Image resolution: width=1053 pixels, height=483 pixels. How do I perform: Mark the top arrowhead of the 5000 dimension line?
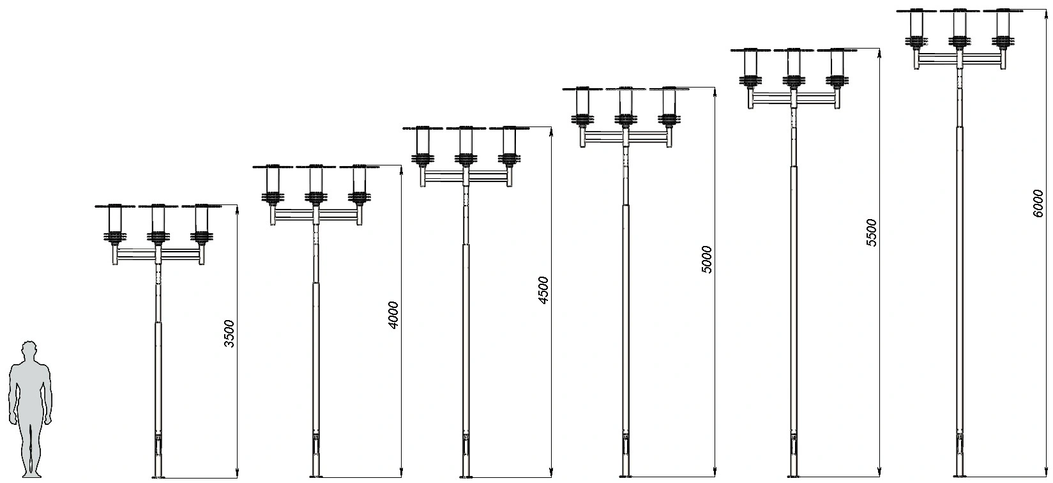pyautogui.click(x=715, y=92)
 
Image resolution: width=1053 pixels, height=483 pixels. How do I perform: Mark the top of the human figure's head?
pyautogui.click(x=29, y=340)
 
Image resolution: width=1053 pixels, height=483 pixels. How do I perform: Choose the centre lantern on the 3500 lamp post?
pyautogui.click(x=158, y=224)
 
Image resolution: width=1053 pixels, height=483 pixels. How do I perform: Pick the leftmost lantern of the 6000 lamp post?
pyautogui.click(x=916, y=28)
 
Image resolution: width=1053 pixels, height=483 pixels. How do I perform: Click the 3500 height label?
pyautogui.click(x=229, y=333)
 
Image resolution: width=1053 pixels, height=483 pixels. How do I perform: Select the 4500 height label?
pyautogui.click(x=543, y=290)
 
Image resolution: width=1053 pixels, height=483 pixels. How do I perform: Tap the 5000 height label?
pyautogui.click(x=706, y=259)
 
